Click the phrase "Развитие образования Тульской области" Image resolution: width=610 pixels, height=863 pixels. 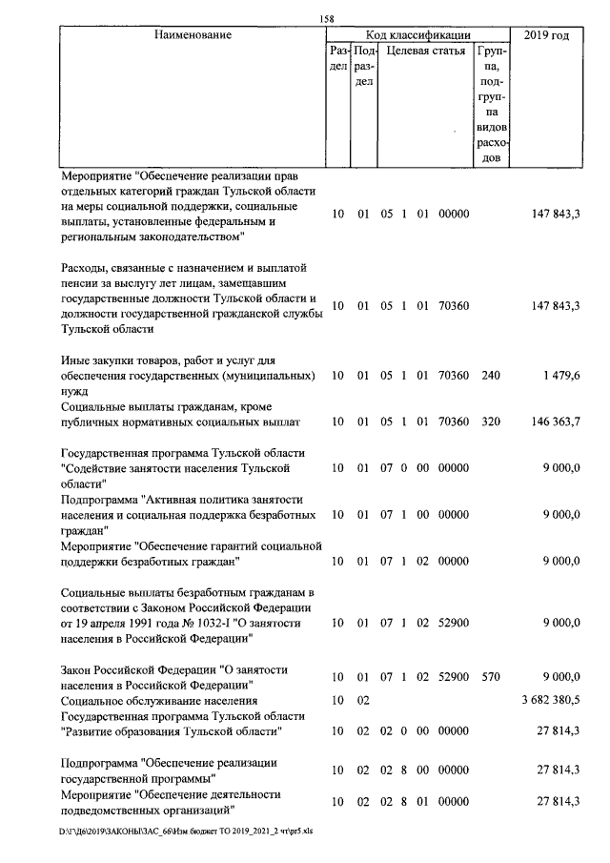[x=172, y=731]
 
